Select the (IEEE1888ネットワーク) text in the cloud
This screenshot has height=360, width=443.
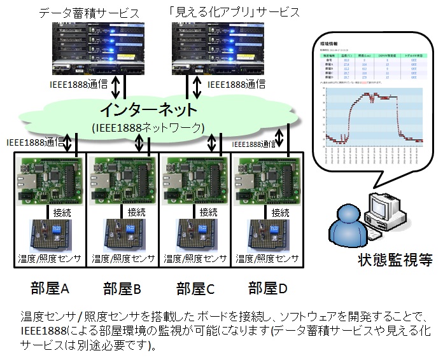coord(148,127)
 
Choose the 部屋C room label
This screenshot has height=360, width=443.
coord(195,288)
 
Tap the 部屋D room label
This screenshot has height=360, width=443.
coord(267,288)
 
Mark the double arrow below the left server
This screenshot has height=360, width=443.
coord(116,85)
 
